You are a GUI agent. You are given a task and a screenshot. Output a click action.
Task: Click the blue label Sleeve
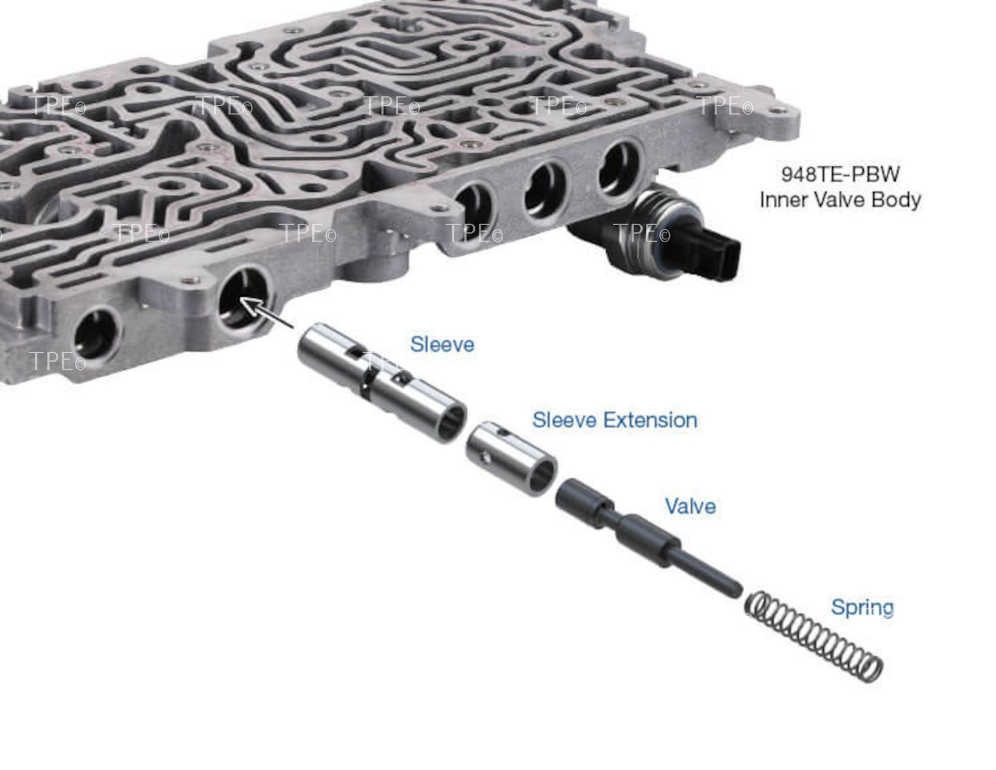pos(442,345)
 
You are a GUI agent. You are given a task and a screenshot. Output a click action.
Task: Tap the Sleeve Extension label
pos(615,420)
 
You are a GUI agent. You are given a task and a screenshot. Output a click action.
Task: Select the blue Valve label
pos(691,506)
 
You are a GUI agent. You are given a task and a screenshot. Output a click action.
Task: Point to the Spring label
pos(862,608)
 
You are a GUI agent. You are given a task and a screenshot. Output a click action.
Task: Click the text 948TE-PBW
pos(841,174)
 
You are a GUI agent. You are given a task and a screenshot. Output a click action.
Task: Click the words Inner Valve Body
pos(840,200)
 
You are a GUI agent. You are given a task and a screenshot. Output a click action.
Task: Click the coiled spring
pos(813,636)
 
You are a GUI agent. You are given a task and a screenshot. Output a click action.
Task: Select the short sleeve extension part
pos(511,459)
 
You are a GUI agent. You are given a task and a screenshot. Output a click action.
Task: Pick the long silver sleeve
pos(381,383)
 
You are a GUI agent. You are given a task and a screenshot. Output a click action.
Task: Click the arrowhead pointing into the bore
pos(249,305)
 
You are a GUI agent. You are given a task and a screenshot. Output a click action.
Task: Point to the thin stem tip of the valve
pos(736,591)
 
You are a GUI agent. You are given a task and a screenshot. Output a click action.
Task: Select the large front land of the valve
pos(584,502)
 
